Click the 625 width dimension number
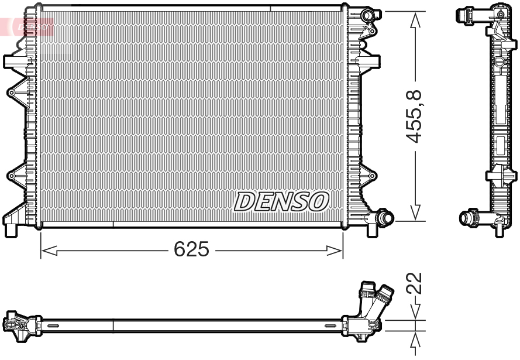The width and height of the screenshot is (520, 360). tap(191, 250)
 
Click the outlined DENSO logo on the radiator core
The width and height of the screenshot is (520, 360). tap(281, 201)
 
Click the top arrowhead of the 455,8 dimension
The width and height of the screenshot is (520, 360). tap(415, 20)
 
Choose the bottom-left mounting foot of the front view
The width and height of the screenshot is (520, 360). tap(11, 229)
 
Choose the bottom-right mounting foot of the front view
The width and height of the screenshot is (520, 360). tap(372, 230)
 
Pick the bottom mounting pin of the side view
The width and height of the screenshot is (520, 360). tap(499, 231)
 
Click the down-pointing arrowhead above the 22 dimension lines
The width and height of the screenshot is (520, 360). tap(415, 313)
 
